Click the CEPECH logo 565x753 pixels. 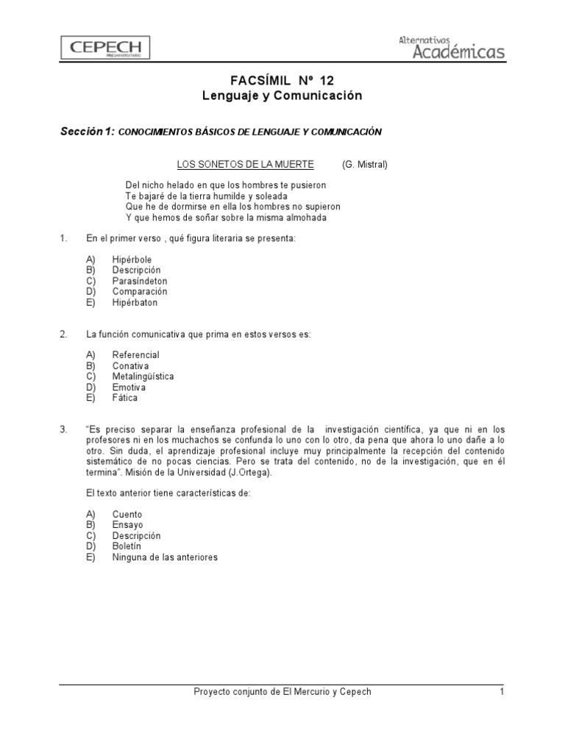click(106, 49)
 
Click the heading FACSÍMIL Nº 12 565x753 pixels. click(282, 81)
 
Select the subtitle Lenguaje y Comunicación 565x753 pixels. click(282, 96)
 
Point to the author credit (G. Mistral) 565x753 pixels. click(364, 164)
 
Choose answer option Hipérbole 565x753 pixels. click(132, 260)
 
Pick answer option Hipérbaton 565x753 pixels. click(135, 302)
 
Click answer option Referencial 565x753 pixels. click(135, 355)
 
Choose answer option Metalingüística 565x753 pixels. click(143, 376)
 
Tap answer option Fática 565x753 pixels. click(125, 398)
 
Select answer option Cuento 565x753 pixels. click(127, 515)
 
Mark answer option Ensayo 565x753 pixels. click(127, 525)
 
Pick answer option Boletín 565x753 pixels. click(127, 546)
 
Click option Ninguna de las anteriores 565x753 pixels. click(165, 557)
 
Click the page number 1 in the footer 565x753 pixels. click(501, 692)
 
